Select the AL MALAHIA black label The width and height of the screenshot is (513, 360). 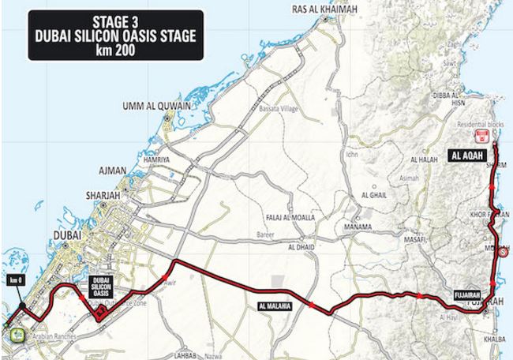(x=274, y=305)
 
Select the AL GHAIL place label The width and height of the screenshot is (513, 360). (x=375, y=193)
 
